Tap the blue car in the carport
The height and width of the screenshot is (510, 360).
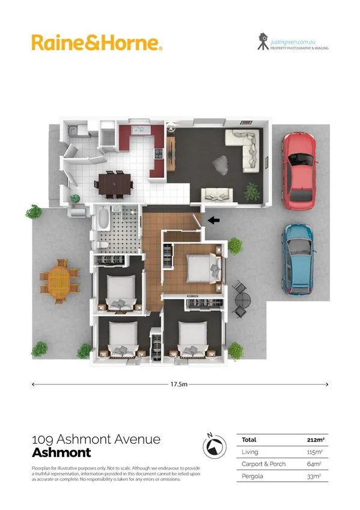[299, 260]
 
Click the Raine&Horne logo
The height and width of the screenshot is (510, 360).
[96, 43]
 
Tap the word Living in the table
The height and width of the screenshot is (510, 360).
[249, 452]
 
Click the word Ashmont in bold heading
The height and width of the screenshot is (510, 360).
[61, 453]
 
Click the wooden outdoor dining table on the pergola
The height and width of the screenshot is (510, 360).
[59, 280]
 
